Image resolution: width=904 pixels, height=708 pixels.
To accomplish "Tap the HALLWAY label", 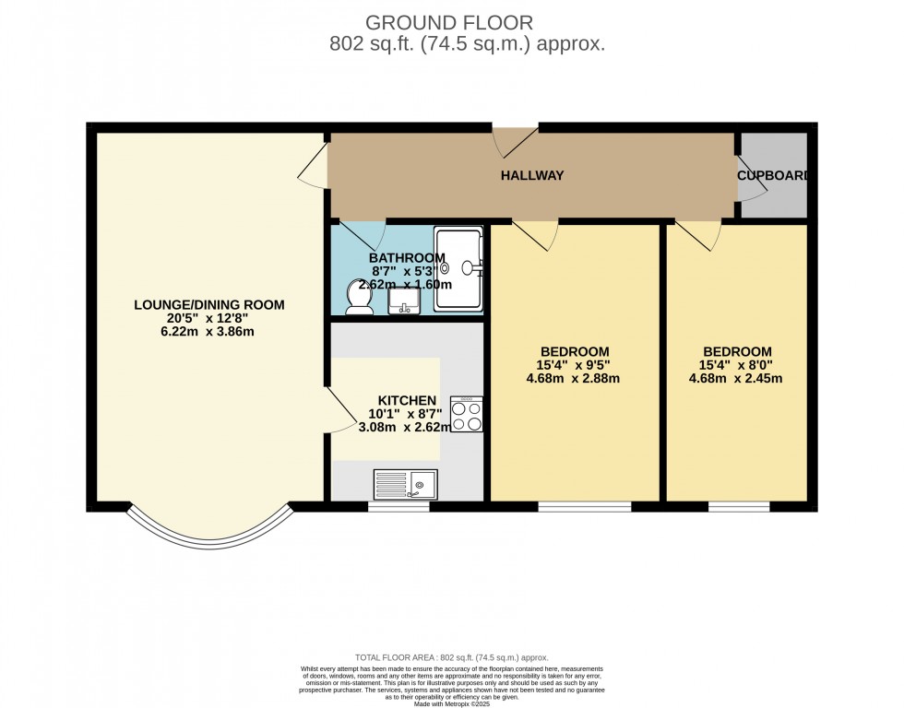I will point(532,175).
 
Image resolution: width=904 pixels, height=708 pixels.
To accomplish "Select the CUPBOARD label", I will point(773,175).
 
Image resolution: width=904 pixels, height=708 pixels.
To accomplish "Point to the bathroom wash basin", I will point(404,301).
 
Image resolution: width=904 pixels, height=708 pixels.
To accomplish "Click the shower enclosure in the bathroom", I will point(458,268).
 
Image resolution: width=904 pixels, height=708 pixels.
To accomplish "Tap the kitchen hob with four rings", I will point(468,414).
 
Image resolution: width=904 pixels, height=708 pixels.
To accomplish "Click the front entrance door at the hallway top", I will point(515,140).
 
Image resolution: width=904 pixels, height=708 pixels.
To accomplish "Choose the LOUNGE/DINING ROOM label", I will point(209,304).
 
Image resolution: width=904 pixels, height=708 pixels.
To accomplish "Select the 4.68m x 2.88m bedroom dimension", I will point(575,378).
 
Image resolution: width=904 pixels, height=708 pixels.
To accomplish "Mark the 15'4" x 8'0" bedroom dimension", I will point(737,365).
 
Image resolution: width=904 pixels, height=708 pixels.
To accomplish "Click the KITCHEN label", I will point(406,400).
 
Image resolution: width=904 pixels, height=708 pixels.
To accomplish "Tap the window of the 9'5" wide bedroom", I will point(585,506).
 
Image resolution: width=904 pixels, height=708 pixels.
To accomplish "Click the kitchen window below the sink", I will point(398,506).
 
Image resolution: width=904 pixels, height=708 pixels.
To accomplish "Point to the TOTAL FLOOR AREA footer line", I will point(452,656).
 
